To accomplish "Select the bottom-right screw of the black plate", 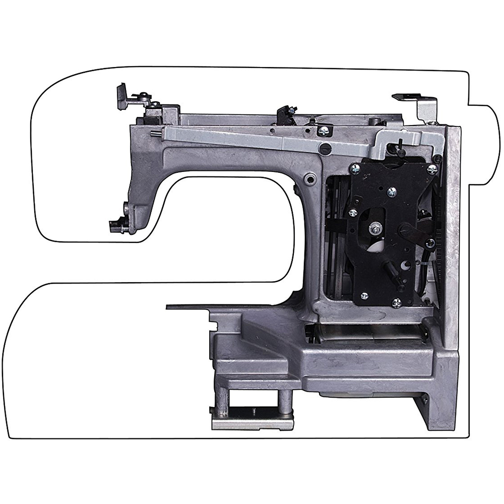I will click(397, 302).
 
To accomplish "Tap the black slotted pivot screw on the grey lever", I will click(326, 148).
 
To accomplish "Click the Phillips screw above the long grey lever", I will click(323, 131).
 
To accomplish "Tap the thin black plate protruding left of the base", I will click(189, 306).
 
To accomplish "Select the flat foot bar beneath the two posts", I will click(252, 421).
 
